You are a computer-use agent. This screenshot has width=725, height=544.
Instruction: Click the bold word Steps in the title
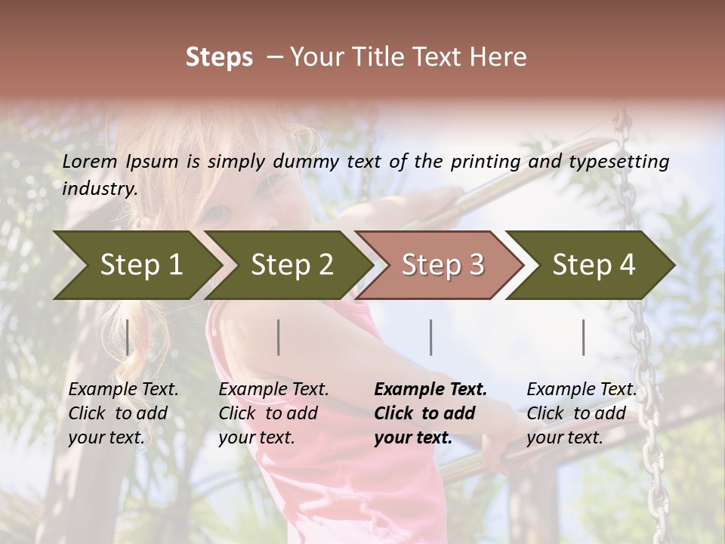coord(219,57)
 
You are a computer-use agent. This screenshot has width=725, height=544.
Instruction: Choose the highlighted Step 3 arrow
coord(443,264)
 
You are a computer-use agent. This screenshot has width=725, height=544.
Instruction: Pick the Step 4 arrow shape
coord(594,264)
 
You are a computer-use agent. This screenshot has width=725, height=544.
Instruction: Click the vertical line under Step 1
coord(128,337)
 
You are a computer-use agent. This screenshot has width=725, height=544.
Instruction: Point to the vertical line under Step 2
coord(279,337)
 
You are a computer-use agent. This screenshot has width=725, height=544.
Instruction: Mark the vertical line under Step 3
coord(431,337)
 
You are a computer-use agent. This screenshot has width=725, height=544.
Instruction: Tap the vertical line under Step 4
coord(584,337)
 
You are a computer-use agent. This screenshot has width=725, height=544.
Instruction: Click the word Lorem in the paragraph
coord(90,162)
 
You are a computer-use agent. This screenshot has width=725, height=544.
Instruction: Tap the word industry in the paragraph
coord(100,189)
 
